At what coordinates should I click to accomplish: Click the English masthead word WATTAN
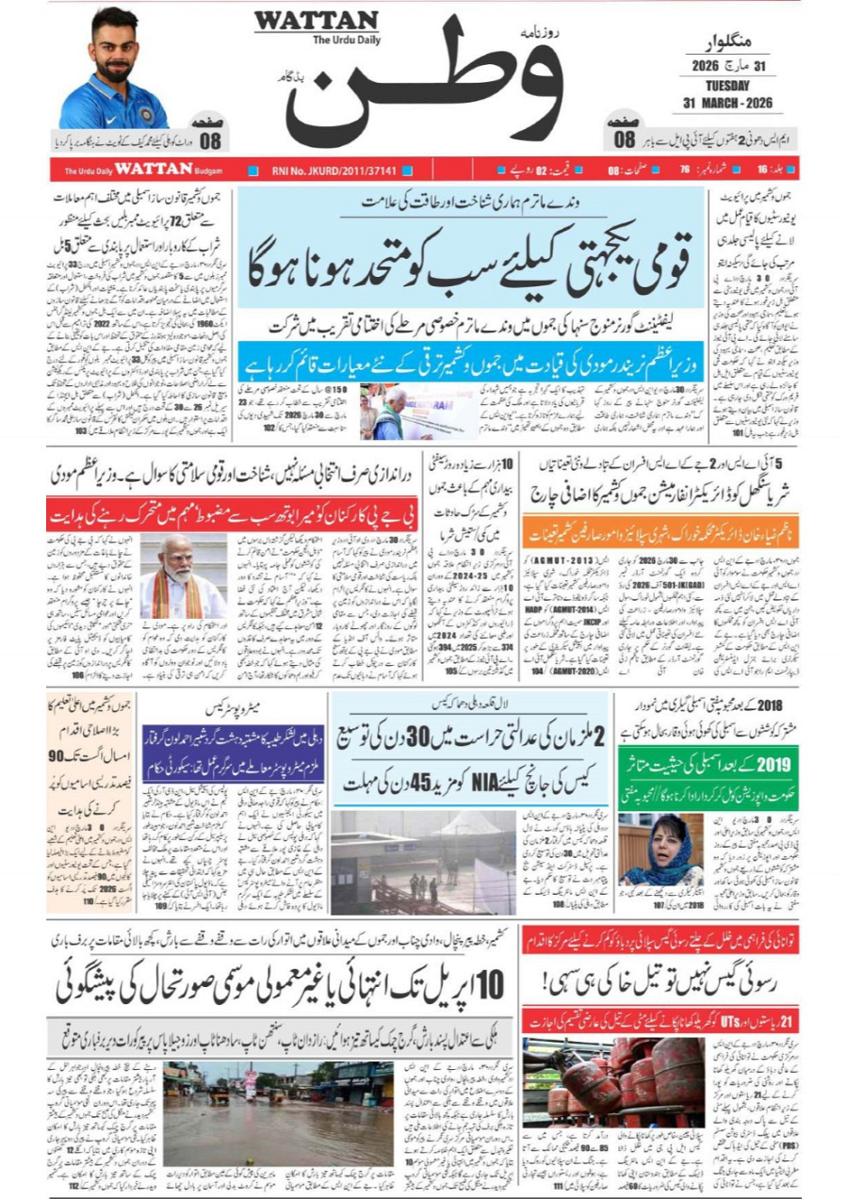point(316,20)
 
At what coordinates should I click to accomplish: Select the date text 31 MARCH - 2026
point(726,101)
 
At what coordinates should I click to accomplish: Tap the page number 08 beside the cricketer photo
point(209,142)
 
